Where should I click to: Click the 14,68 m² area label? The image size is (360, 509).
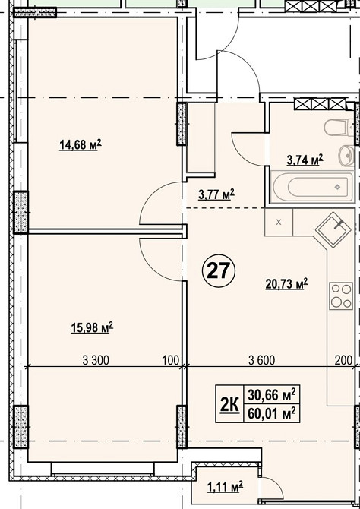tap(81, 145)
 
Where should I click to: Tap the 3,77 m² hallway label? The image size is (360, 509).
tap(216, 195)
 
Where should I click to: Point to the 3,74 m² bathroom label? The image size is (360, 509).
tap(305, 160)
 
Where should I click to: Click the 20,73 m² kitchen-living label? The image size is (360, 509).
tap(286, 284)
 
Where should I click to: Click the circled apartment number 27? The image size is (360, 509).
tap(218, 270)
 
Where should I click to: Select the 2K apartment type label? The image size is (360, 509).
tap(230, 404)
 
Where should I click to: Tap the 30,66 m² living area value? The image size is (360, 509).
tap(271, 395)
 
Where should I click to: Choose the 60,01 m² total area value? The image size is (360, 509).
tap(271, 413)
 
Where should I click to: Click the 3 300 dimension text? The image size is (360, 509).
tap(96, 360)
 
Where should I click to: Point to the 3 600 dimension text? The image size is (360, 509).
tap(261, 360)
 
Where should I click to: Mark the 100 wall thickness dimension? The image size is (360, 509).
tap(172, 360)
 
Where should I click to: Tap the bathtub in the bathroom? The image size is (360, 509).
tap(312, 187)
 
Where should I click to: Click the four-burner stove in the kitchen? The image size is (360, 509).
tap(341, 296)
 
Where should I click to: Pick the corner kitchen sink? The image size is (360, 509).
tap(333, 230)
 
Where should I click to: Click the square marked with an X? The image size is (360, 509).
tap(279, 222)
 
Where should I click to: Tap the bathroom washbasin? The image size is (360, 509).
tap(346, 156)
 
